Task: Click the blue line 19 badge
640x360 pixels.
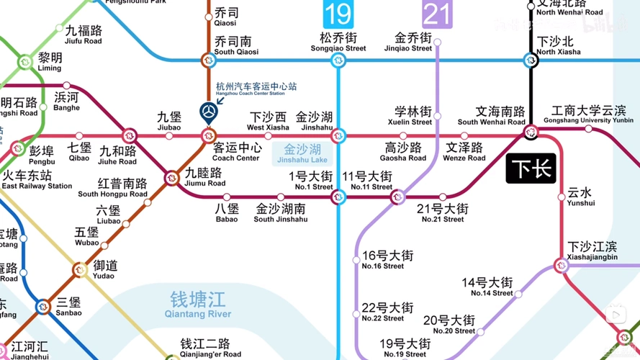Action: [x=337, y=14]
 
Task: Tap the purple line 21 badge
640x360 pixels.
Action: [x=437, y=14]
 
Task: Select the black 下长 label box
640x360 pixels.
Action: [x=531, y=168]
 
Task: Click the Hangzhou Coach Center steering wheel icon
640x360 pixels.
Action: [x=208, y=112]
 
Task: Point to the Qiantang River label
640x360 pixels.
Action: [x=198, y=303]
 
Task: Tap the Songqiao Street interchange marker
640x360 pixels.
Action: [x=338, y=61]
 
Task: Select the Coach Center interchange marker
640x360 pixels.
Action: [x=208, y=135]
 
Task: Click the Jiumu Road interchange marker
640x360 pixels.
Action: [x=172, y=178]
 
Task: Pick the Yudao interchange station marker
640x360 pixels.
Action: [x=79, y=271]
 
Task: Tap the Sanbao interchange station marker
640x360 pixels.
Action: [x=43, y=307]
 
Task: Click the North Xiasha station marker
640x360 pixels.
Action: [x=531, y=61]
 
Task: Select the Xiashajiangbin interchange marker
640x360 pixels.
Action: [x=562, y=266]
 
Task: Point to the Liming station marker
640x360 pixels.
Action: [x=25, y=62]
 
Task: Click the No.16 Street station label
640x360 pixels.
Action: [x=387, y=260]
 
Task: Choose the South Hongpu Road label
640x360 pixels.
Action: [x=113, y=188]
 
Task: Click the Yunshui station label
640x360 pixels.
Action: [x=580, y=197]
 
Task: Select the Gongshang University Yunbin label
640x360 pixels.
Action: [x=592, y=114]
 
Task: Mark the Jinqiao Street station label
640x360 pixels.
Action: [x=413, y=42]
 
